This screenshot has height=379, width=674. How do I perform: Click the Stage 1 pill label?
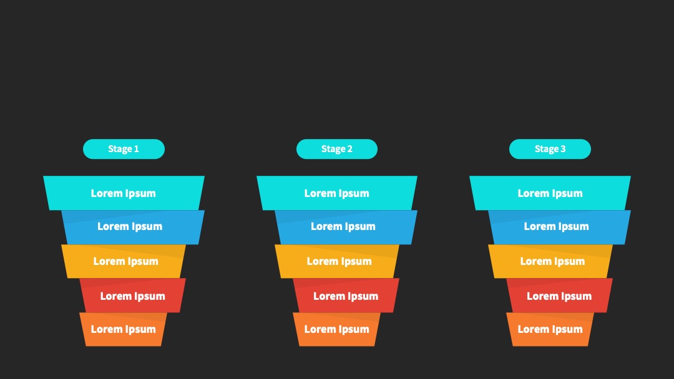[x=124, y=149]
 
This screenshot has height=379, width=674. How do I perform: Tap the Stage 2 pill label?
[x=337, y=149]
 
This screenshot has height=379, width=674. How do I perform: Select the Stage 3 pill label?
[x=550, y=149]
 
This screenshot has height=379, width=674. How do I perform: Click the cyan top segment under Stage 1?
[x=124, y=193]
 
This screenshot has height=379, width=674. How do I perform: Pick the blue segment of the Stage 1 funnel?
[x=133, y=227]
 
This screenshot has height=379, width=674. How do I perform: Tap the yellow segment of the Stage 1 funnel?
[x=124, y=261]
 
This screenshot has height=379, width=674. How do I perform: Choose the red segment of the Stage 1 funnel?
[x=133, y=295]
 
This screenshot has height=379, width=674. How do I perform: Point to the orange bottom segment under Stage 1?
[x=124, y=330]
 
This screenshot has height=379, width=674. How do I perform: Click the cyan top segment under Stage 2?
[x=337, y=193]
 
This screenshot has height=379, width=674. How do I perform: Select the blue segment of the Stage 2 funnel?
[x=346, y=227]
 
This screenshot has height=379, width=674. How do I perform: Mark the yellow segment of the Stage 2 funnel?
[x=337, y=261]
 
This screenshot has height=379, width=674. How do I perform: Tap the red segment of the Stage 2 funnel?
[x=346, y=295]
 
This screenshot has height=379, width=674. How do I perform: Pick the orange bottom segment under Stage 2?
[x=336, y=330]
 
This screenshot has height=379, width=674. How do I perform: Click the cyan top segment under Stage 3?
[x=550, y=193]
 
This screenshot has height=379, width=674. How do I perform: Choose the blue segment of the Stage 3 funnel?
[x=559, y=227]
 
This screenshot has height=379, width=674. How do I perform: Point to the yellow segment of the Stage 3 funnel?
[x=550, y=261]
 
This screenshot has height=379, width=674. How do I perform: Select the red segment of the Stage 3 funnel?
[x=559, y=295]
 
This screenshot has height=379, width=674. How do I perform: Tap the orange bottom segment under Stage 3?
[x=550, y=330]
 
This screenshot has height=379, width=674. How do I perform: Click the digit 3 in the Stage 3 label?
[x=563, y=149]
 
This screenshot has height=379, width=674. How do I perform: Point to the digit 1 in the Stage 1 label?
[x=137, y=149]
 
